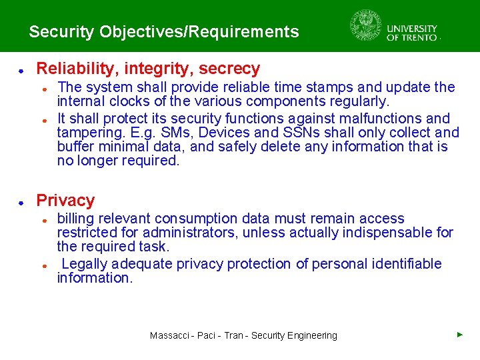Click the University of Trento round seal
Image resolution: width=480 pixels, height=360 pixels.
(x=366, y=26)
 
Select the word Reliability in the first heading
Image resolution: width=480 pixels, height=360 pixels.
(x=71, y=68)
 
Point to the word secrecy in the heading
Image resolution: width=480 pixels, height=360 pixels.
(x=230, y=68)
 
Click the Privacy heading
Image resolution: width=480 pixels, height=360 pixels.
(x=65, y=200)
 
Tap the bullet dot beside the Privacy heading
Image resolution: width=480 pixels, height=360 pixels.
(x=21, y=201)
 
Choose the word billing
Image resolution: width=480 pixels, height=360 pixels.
(x=76, y=218)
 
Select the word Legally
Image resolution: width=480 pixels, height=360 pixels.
(x=84, y=263)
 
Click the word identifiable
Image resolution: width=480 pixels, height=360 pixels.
(x=404, y=263)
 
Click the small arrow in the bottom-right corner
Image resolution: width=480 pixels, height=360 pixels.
(x=460, y=334)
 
